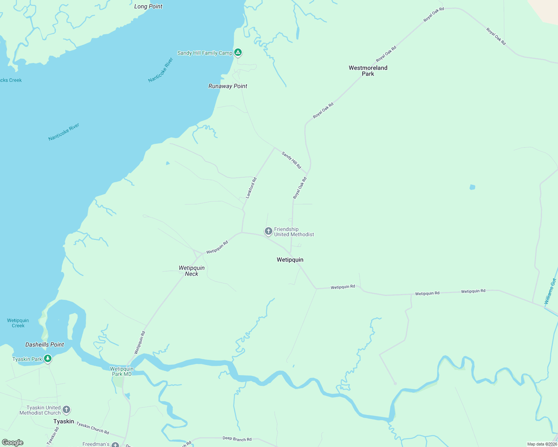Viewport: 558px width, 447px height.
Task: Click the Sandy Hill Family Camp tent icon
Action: tap(238, 53)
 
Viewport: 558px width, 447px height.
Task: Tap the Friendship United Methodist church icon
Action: tap(268, 231)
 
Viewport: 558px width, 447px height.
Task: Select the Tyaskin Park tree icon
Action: tap(47, 359)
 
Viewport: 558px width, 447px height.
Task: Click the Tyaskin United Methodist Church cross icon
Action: tap(66, 410)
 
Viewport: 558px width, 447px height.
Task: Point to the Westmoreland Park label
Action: tap(368, 71)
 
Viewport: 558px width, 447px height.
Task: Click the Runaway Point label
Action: tap(228, 86)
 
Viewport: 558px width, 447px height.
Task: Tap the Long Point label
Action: tap(148, 6)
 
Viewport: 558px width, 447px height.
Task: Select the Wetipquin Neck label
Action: tap(192, 271)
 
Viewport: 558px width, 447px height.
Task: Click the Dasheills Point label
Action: tap(44, 345)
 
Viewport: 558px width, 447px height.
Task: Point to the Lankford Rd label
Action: tap(251, 188)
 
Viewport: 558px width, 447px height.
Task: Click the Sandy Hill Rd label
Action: tap(291, 160)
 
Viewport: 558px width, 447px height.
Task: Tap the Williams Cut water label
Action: tap(550, 291)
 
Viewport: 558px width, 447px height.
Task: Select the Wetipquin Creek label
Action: tap(18, 323)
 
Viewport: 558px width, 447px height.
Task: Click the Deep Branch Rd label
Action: tap(237, 439)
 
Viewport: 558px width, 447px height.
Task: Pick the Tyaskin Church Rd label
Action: tap(93, 428)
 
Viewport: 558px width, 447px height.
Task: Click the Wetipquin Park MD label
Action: tap(122, 371)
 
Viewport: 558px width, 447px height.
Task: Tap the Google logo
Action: tap(13, 443)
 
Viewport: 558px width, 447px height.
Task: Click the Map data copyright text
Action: tap(542, 444)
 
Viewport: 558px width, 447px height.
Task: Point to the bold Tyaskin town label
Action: tap(63, 421)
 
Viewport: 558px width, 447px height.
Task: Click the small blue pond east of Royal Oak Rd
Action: tap(472, 187)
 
